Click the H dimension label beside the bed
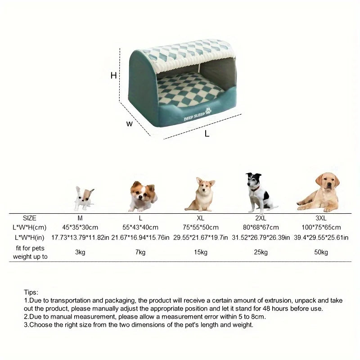114,76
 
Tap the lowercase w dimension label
130,124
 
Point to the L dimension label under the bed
207,134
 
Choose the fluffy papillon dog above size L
142,196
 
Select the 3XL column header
321,218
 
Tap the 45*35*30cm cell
80,227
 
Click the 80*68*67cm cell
261,227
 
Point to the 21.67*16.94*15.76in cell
140,237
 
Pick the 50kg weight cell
321,252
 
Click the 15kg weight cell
201,252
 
